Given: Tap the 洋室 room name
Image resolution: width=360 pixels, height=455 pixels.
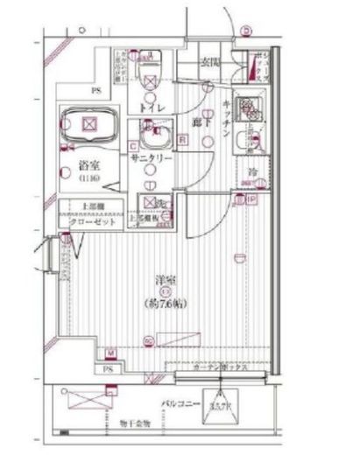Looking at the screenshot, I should point(163,280).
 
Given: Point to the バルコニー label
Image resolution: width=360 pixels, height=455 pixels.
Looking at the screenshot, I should point(183,404).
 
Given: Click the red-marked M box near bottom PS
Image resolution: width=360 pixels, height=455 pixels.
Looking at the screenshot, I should point(112,354).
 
